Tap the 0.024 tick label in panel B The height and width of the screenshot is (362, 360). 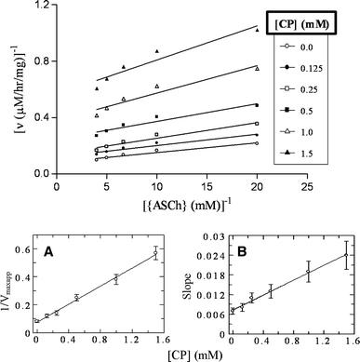click(208, 255)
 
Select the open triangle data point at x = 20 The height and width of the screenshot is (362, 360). click(257, 68)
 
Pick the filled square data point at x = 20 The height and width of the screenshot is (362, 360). click(257, 104)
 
